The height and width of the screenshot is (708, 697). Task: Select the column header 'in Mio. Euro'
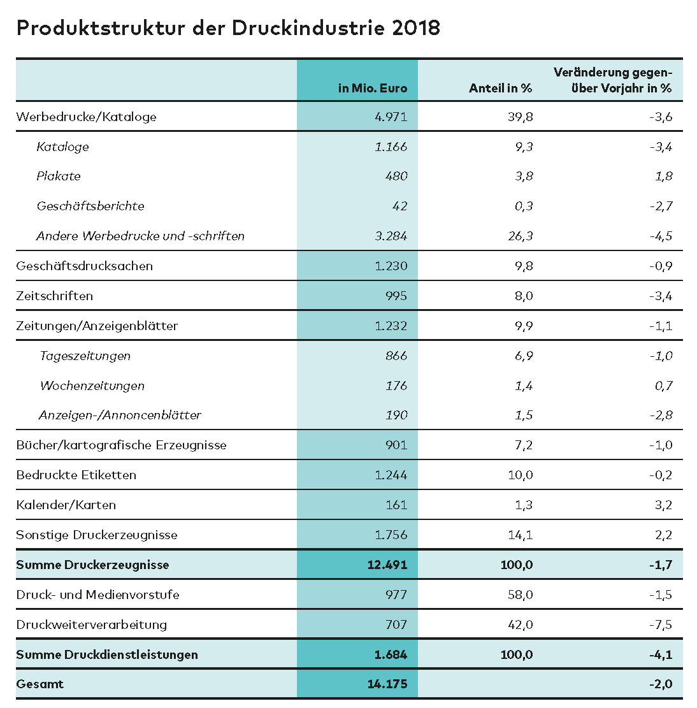click(373, 89)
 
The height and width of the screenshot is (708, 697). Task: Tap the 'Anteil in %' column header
click(500, 89)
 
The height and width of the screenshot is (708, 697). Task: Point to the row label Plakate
click(59, 177)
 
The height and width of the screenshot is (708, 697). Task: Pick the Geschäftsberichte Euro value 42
click(400, 206)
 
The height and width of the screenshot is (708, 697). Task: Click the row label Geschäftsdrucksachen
click(84, 266)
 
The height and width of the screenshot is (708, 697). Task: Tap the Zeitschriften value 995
click(396, 296)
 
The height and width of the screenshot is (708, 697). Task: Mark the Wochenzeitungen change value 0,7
click(663, 386)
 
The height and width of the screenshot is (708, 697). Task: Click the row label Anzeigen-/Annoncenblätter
click(120, 415)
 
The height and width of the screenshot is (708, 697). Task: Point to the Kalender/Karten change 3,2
click(663, 505)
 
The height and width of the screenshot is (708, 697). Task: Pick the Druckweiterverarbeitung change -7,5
click(660, 625)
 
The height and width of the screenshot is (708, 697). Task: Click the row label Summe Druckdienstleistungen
click(107, 655)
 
